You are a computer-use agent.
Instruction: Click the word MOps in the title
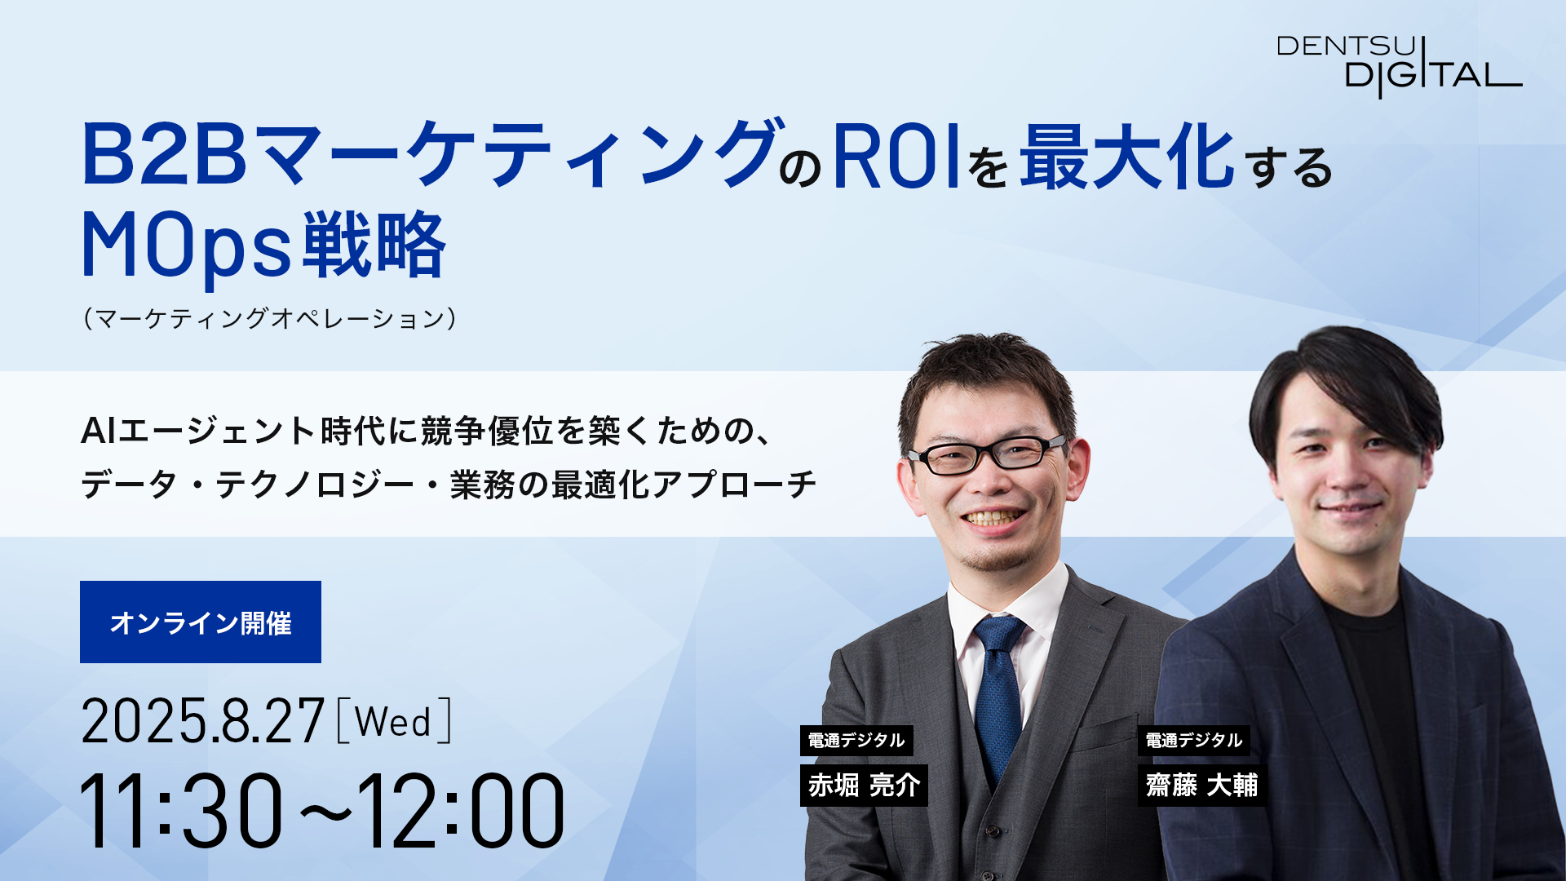pyautogui.click(x=186, y=246)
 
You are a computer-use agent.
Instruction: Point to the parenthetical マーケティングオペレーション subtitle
pyautogui.click(x=270, y=317)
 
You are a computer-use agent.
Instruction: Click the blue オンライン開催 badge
pyautogui.click(x=201, y=622)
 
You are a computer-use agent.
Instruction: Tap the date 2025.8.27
pyautogui.click(x=203, y=720)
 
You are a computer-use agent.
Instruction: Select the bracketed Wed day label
pyautogui.click(x=393, y=720)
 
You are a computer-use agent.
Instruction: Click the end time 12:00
pyautogui.click(x=461, y=811)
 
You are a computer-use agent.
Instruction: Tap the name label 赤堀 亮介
pyautogui.click(x=865, y=785)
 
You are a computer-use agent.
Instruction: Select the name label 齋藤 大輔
pyautogui.click(x=1202, y=785)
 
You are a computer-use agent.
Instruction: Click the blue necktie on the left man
pyautogui.click(x=998, y=693)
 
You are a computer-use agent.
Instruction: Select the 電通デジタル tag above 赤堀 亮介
pyautogui.click(x=856, y=740)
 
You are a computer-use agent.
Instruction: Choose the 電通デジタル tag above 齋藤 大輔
pyautogui.click(x=1194, y=740)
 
